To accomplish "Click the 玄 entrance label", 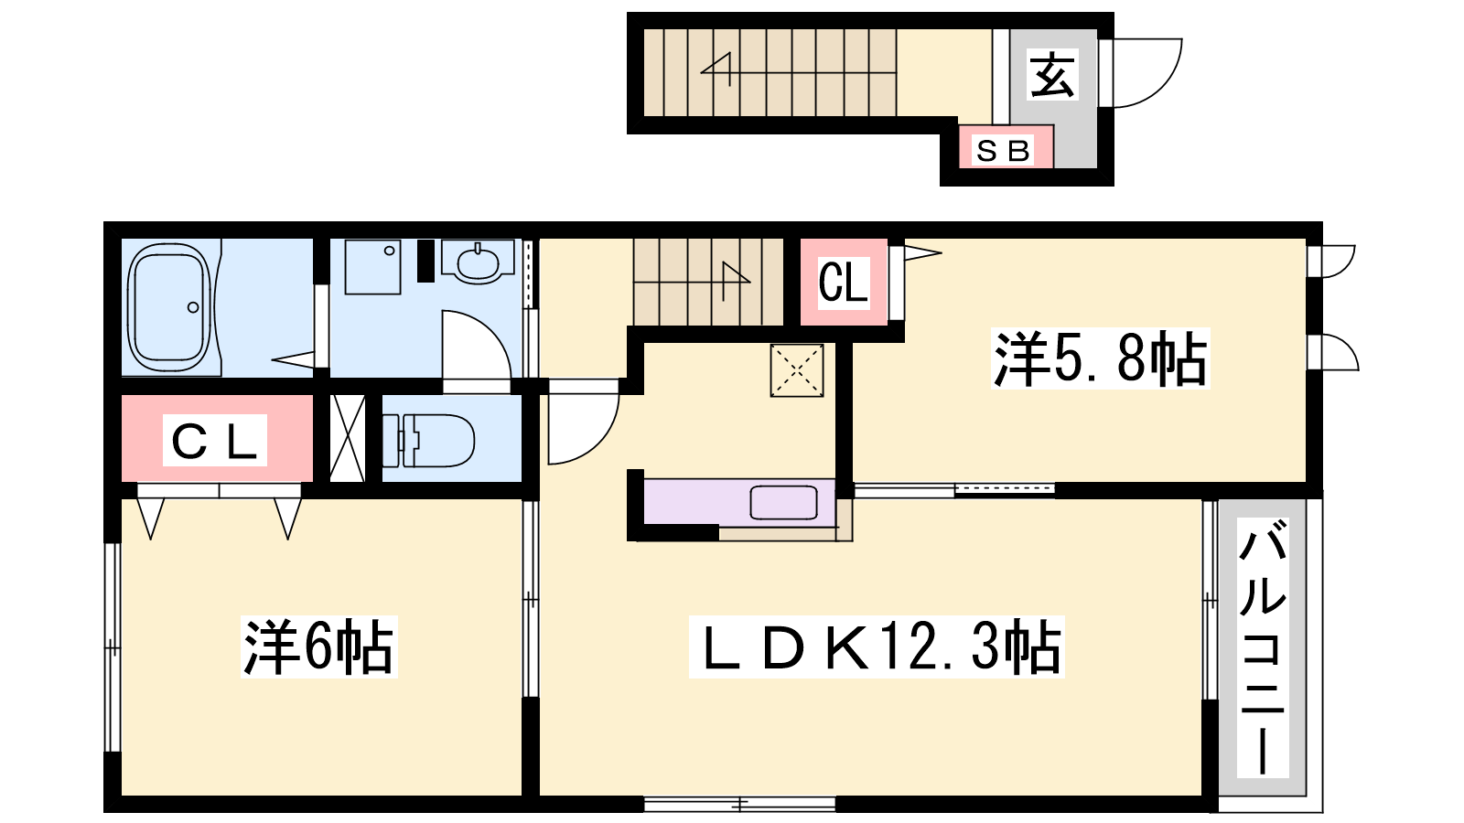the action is point(1052,75).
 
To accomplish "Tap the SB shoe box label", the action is point(1003,151).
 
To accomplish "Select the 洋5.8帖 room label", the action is point(1100,358).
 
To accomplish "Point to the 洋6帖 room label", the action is point(319,646).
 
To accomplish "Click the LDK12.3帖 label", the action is point(877,646).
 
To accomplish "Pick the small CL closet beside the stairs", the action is point(843,282).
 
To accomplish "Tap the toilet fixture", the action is point(428,440).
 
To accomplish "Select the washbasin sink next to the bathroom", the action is point(478,262).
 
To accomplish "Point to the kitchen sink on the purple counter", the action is point(783,502).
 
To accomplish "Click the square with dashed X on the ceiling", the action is point(797,371).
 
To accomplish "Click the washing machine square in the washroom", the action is point(372,266).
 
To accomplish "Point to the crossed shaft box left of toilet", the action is point(347,438).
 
